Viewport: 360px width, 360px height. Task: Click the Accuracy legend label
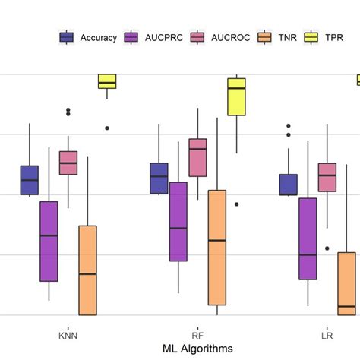[98, 36]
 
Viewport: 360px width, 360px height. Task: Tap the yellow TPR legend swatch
[311, 36]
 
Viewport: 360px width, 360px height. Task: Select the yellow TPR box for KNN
[107, 81]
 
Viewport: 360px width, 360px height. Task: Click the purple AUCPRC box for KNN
[49, 241]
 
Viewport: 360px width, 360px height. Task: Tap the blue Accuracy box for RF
[159, 178]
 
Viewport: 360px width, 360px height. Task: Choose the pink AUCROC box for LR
[327, 177]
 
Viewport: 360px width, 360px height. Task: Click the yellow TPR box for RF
[237, 96]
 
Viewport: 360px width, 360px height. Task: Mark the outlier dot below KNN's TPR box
[107, 128]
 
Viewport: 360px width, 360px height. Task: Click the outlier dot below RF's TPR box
[237, 204]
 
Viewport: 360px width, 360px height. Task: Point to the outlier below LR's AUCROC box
[327, 248]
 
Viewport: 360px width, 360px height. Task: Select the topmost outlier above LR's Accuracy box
[288, 126]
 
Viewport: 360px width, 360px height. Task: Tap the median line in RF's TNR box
[217, 240]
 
